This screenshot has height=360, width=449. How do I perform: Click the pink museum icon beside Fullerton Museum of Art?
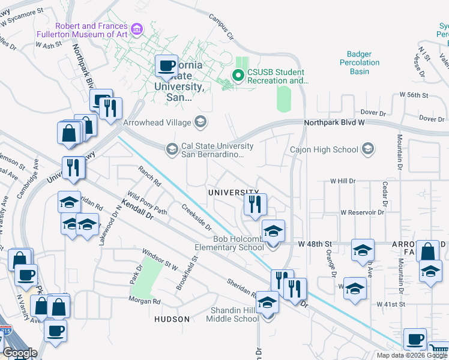coord(137,29)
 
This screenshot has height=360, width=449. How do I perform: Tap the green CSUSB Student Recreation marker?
coord(238,76)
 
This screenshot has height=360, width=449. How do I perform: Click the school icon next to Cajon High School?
coord(367,149)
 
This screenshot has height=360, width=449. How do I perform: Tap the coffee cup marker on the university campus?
coord(166,66)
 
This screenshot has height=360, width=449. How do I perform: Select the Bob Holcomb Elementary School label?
coord(229,242)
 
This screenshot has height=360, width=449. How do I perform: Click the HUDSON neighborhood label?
coord(172,319)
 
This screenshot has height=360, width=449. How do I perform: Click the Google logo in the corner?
coord(20,353)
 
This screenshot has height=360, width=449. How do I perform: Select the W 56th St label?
coord(414,95)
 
